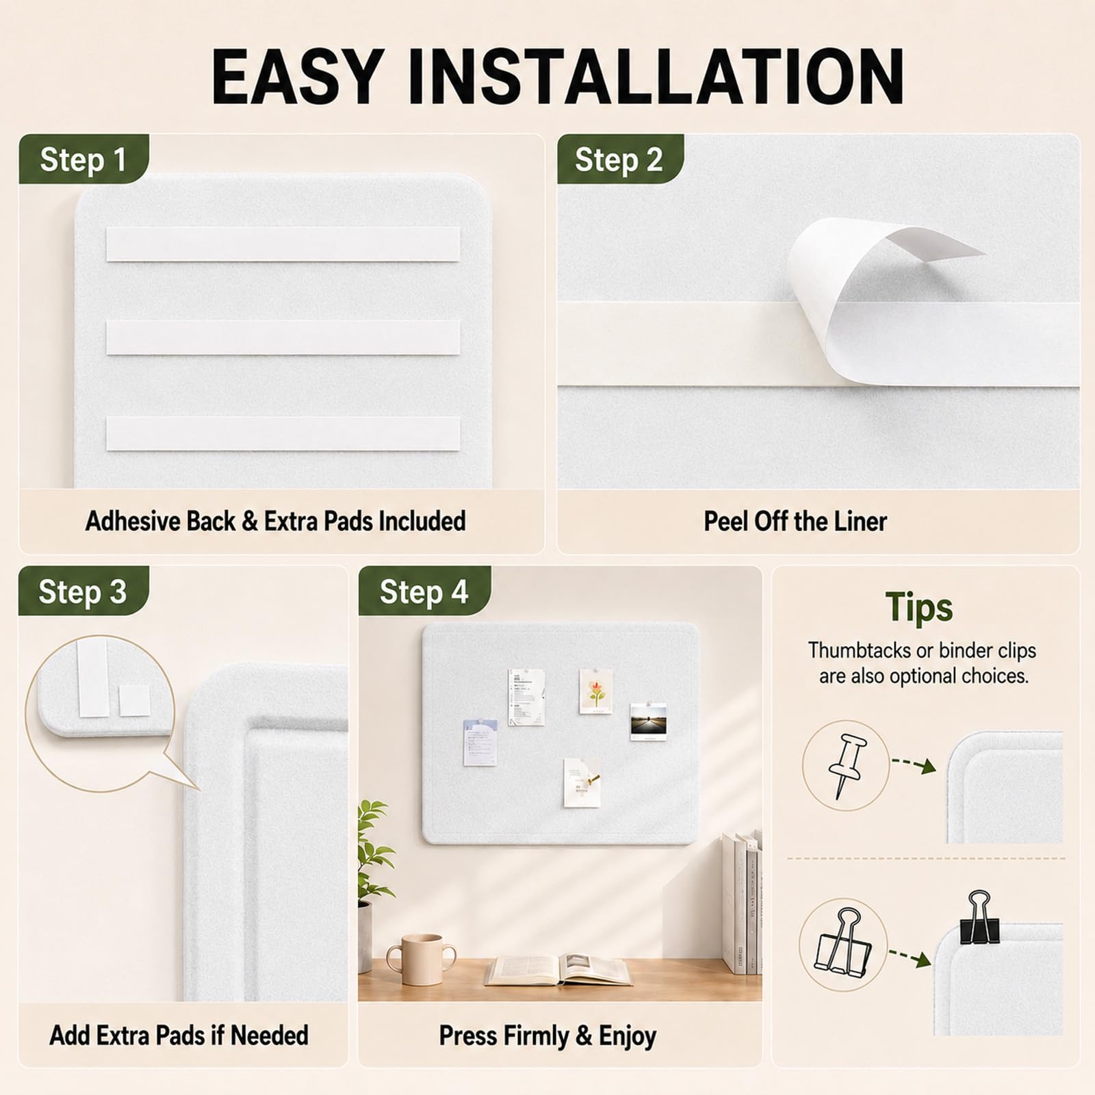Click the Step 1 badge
tap(83, 159)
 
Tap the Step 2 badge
tap(619, 159)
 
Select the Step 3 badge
tap(83, 591)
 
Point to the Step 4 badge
tap(424, 591)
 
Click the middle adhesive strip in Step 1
tap(283, 337)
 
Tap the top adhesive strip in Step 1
tap(283, 244)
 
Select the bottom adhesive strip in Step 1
tap(283, 433)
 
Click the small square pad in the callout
tap(134, 701)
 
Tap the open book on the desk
tap(558, 970)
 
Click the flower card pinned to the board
tap(595, 691)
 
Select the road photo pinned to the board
tap(648, 721)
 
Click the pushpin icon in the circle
tap(847, 765)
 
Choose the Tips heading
tap(919, 607)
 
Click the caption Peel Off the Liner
tap(795, 521)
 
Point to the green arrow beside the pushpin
tap(914, 765)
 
